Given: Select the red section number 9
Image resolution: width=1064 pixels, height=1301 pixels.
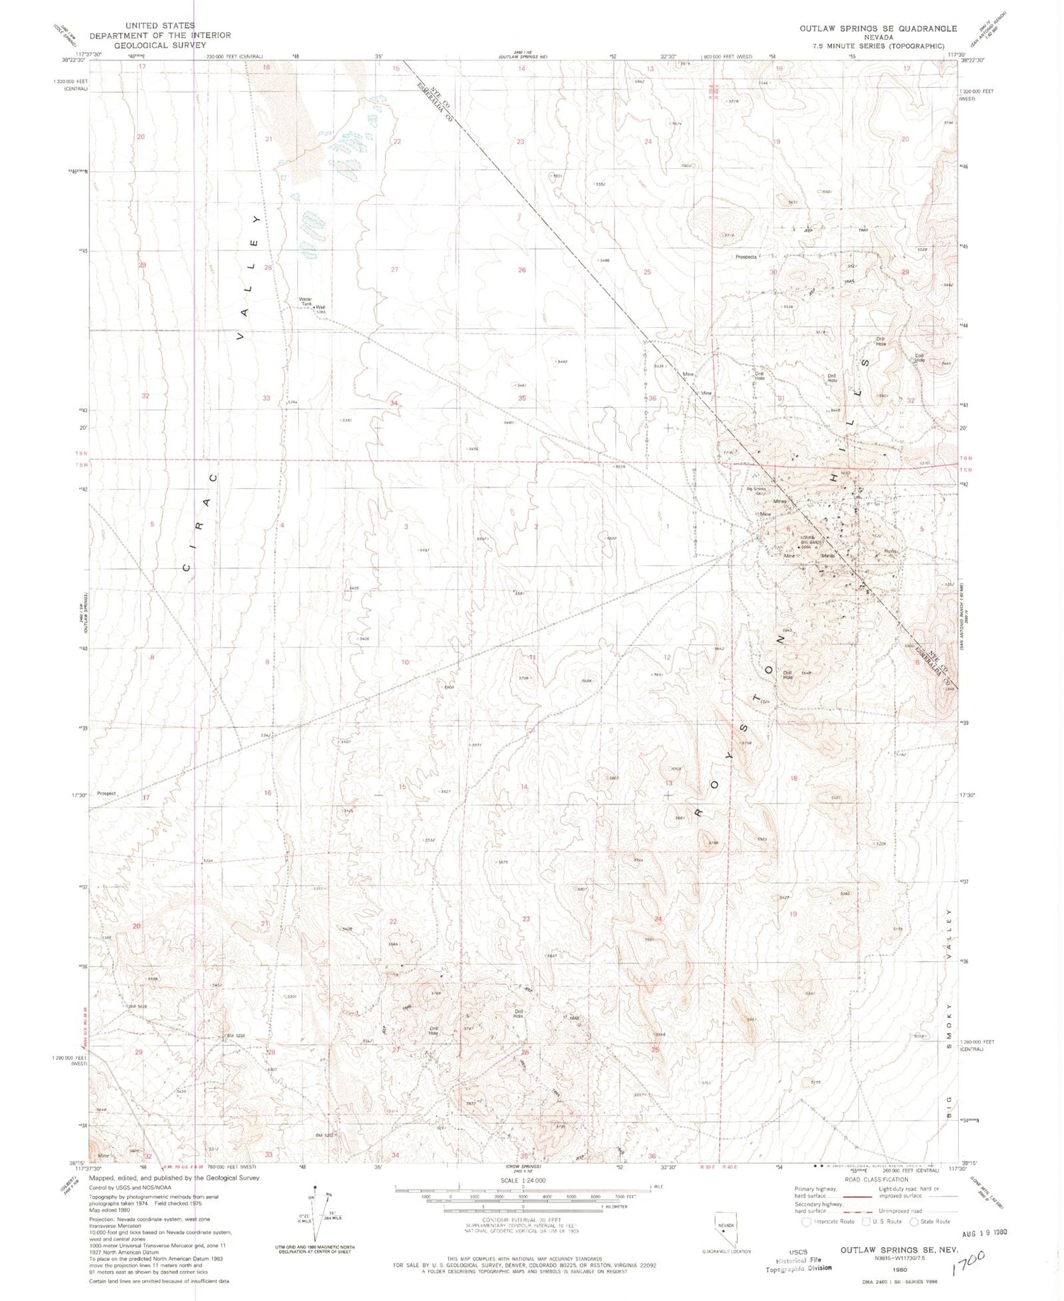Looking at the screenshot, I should [x=267, y=662].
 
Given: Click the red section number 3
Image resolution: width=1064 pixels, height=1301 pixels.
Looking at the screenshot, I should [x=406, y=527].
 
